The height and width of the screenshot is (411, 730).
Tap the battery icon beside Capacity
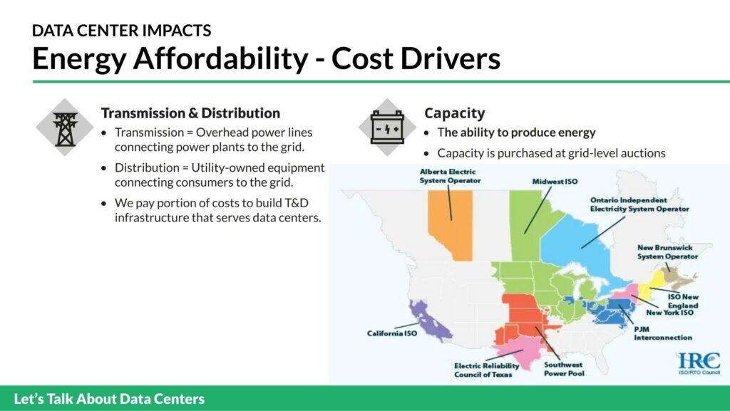[387, 128]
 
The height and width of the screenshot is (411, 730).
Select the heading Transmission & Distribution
[190, 113]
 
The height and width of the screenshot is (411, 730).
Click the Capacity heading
[454, 113]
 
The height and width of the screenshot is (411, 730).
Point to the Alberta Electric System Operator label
[450, 176]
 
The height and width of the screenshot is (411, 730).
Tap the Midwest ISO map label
[555, 182]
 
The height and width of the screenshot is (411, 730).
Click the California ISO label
[391, 333]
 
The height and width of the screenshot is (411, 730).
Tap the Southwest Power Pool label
[564, 369]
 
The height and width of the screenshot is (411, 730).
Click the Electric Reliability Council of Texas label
[486, 370]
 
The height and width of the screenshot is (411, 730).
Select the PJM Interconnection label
[662, 333]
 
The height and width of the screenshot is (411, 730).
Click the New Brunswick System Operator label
[667, 252]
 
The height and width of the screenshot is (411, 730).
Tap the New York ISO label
[669, 313]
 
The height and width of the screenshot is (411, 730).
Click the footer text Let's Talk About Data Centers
[109, 399]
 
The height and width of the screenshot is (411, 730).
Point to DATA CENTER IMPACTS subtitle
[121, 31]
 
